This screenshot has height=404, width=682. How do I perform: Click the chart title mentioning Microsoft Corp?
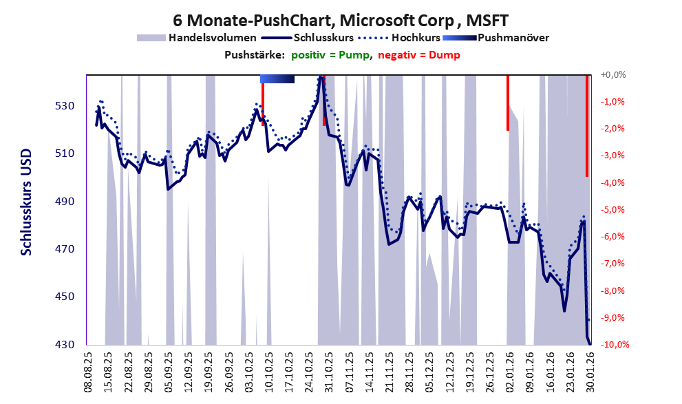coord(341,19)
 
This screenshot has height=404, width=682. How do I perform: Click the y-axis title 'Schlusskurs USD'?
coord(26,210)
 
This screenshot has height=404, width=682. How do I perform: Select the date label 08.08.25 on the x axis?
coord(88,372)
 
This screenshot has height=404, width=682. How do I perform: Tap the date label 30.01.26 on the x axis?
coord(589,372)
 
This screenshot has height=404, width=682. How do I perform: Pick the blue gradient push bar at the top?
coord(277,79)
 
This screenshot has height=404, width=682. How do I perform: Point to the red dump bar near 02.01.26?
coord(508,103)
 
